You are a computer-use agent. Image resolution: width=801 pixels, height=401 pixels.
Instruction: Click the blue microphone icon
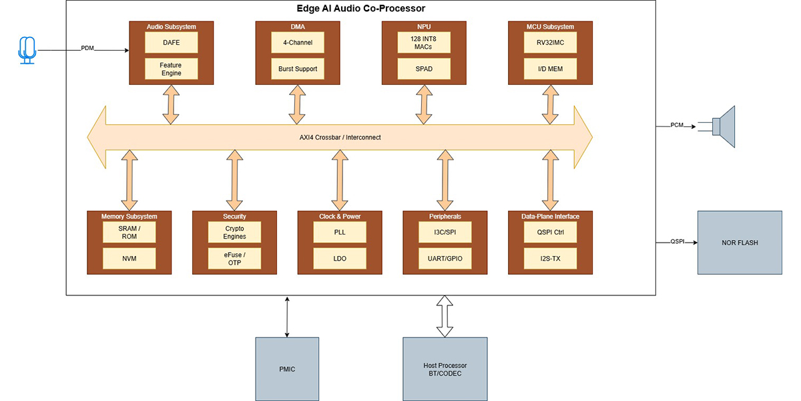[x=27, y=50]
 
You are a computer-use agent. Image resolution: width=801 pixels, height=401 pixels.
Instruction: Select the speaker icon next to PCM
[x=723, y=126]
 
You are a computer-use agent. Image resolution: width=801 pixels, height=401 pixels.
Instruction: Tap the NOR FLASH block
[x=739, y=243]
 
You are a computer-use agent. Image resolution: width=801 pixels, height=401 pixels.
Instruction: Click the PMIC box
[x=287, y=369]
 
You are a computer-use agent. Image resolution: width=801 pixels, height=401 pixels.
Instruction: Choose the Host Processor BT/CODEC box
[x=445, y=369]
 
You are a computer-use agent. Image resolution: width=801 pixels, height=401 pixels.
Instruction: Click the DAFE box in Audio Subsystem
[x=171, y=43]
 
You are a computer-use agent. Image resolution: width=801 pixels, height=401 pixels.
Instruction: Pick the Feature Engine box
[x=171, y=69]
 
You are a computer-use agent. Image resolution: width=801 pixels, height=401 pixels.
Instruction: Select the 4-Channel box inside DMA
[x=297, y=43]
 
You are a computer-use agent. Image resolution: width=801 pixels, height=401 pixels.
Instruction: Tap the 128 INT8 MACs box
[x=423, y=43]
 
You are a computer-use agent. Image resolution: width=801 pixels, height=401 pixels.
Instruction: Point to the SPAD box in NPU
[x=423, y=69]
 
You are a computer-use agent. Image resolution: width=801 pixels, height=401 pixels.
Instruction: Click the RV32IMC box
[x=549, y=43]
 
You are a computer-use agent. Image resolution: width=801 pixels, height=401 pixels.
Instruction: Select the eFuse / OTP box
[x=234, y=258]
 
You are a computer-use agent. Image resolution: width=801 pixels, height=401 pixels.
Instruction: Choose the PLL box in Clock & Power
[x=340, y=233]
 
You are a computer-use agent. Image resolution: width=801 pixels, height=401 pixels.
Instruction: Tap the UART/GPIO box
[x=445, y=258]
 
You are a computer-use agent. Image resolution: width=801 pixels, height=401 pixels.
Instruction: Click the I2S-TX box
[x=550, y=258]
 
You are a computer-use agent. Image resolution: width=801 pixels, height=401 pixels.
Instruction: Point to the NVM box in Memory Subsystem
[x=129, y=258]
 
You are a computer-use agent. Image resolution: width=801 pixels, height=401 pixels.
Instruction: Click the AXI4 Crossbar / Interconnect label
[x=340, y=137]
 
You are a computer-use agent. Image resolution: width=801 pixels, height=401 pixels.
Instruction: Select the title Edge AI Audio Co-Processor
[x=360, y=9]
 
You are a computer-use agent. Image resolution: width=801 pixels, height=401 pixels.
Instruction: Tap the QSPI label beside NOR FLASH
[x=678, y=242]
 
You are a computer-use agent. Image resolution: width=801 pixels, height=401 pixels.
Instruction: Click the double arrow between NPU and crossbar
[x=423, y=105]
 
